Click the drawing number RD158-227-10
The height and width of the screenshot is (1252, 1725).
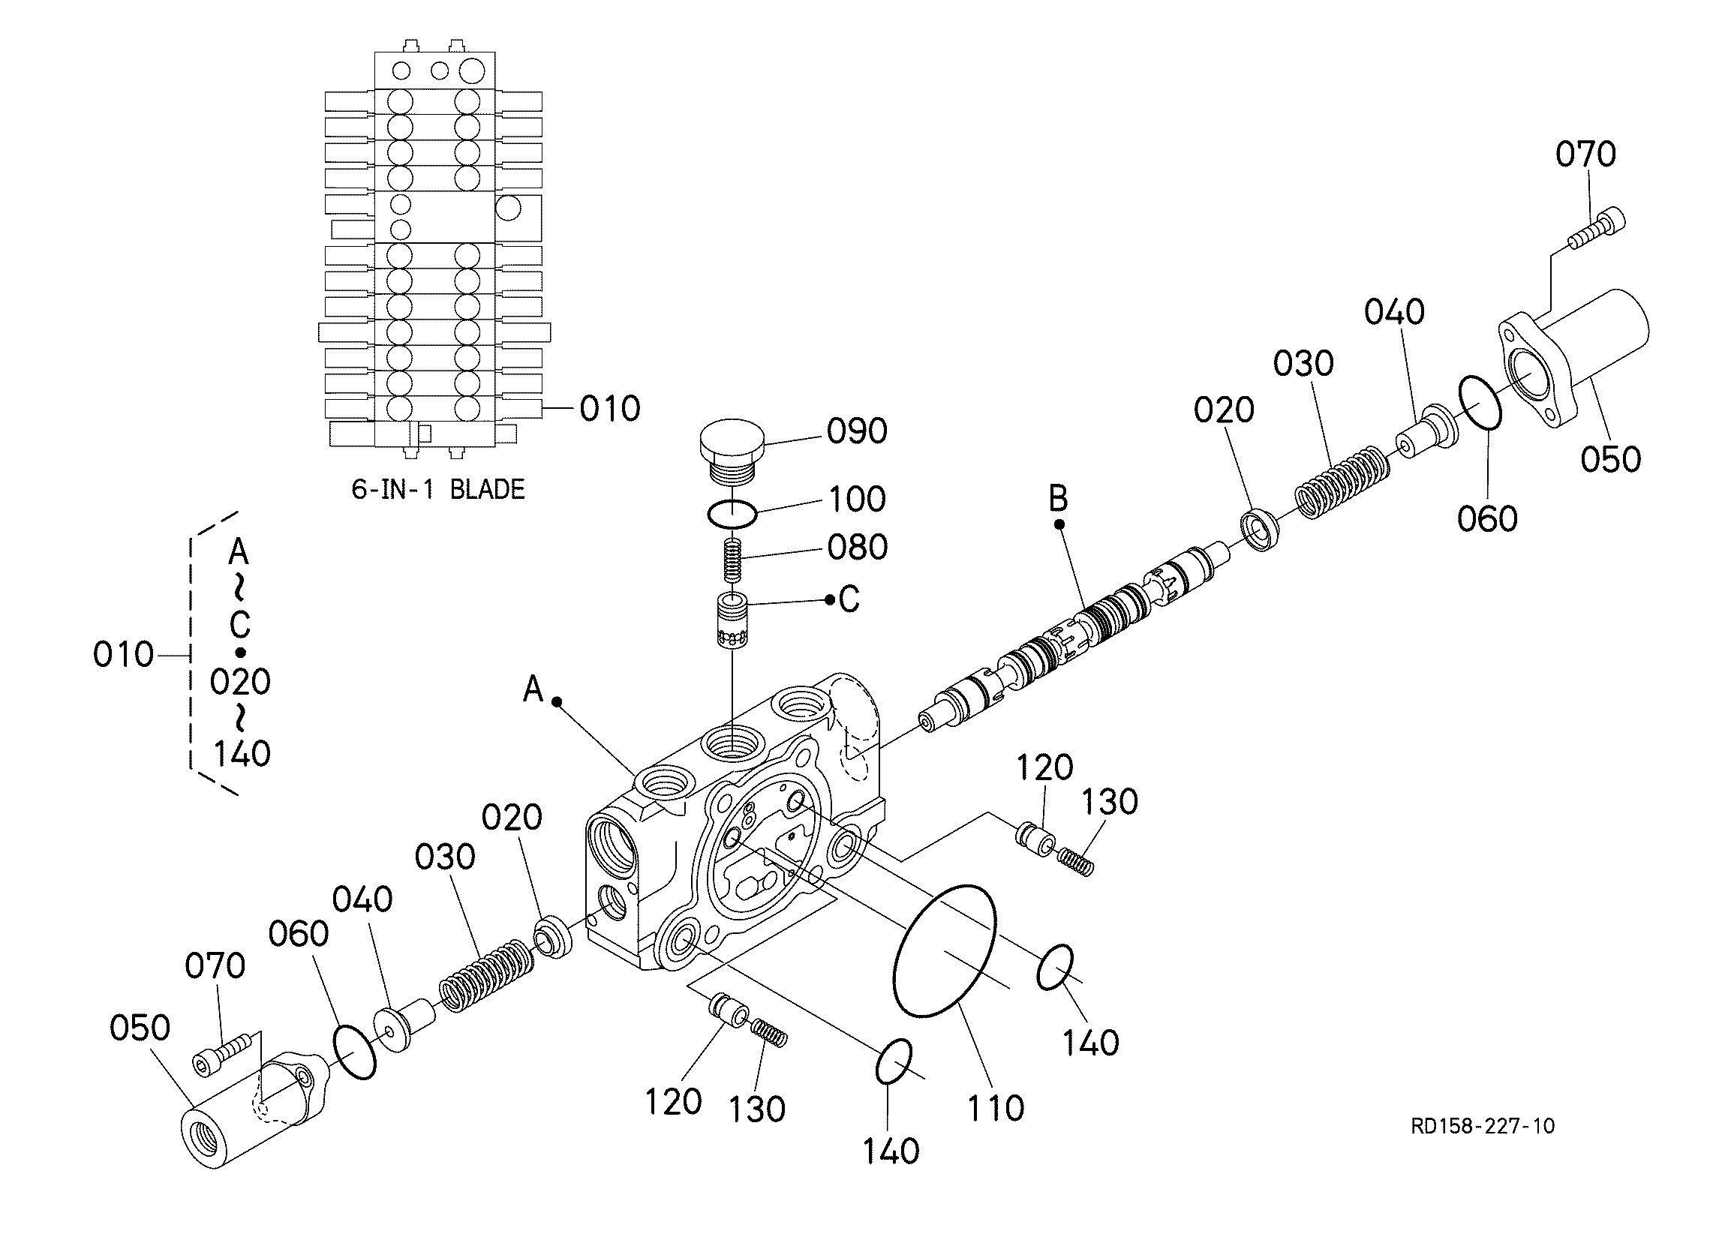point(1483,1127)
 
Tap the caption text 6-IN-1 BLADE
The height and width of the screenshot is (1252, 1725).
point(438,489)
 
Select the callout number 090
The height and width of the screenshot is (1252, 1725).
point(857,431)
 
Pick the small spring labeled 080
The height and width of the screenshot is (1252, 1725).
point(732,559)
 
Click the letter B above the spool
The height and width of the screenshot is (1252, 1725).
point(1059,499)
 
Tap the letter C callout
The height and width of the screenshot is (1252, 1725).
point(849,599)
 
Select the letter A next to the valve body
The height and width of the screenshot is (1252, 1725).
point(534,690)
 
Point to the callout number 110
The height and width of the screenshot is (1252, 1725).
point(996,1109)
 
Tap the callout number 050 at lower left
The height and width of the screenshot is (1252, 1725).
point(140,1028)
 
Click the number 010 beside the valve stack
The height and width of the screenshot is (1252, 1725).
point(610,410)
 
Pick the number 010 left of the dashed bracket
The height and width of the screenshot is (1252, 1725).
point(123,655)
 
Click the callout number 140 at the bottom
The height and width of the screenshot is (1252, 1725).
point(891,1151)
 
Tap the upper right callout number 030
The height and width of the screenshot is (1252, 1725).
point(1303,364)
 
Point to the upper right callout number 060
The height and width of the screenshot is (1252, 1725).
point(1488,519)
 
